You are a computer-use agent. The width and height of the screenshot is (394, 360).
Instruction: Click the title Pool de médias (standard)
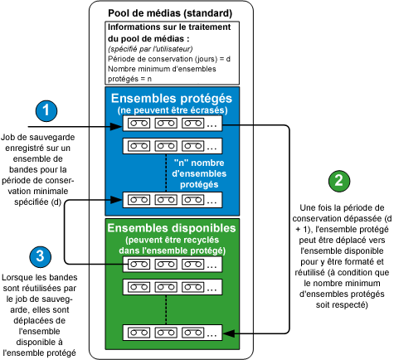point(164,14)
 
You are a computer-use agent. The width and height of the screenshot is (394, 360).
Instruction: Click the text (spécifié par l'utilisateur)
point(146,51)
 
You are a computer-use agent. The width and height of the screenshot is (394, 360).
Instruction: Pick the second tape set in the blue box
point(172,146)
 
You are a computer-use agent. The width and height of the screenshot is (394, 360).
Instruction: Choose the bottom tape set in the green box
point(172,332)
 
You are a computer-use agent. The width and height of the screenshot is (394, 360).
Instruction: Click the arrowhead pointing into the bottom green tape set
point(231,332)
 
